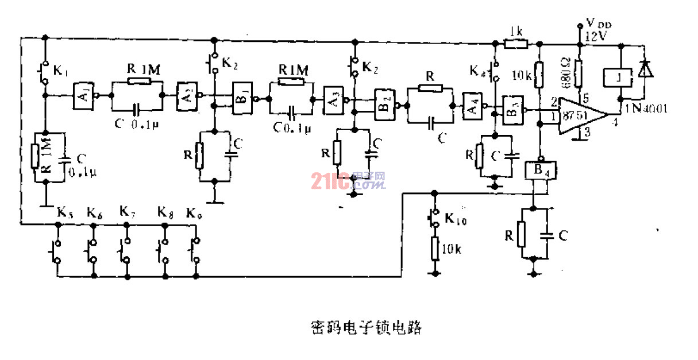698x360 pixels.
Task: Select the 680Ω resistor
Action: coord(579,72)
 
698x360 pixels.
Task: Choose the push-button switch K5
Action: coord(56,250)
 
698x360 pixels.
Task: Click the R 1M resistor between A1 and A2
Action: coord(138,82)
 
